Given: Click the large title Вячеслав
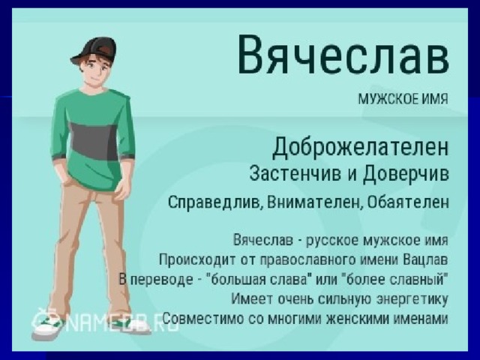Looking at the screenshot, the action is click(x=343, y=55).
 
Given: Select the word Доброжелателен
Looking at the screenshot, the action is click(x=361, y=147).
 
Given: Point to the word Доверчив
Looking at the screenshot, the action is click(x=406, y=174).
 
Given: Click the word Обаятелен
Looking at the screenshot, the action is click(x=408, y=202).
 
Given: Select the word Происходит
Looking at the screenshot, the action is click(x=197, y=260).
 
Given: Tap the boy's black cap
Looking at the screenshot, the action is click(x=95, y=50).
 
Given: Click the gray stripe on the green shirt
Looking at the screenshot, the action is click(x=93, y=141).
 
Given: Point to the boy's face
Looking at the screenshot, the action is click(x=97, y=71).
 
